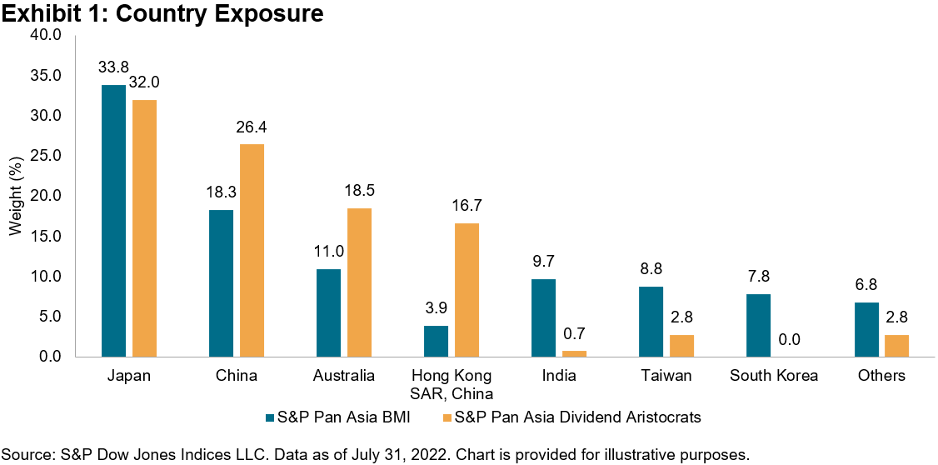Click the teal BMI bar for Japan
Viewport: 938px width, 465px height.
pos(113,221)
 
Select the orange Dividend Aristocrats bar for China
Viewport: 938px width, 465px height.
pos(252,250)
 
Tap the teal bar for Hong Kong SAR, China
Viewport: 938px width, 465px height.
pos(436,341)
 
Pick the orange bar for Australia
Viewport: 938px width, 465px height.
pos(360,282)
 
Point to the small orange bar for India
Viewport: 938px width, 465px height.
pos(574,353)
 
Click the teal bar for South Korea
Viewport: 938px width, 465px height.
pos(758,325)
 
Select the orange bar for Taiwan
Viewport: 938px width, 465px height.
pos(681,345)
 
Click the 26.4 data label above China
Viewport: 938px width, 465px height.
pos(252,127)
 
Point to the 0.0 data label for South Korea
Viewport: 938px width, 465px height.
pos(789,340)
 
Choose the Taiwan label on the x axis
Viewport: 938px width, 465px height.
pos(667,376)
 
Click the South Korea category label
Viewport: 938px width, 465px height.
pos(774,376)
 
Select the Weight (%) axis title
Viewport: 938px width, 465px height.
pos(14,196)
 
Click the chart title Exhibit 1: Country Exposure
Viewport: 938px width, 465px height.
pos(162,14)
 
